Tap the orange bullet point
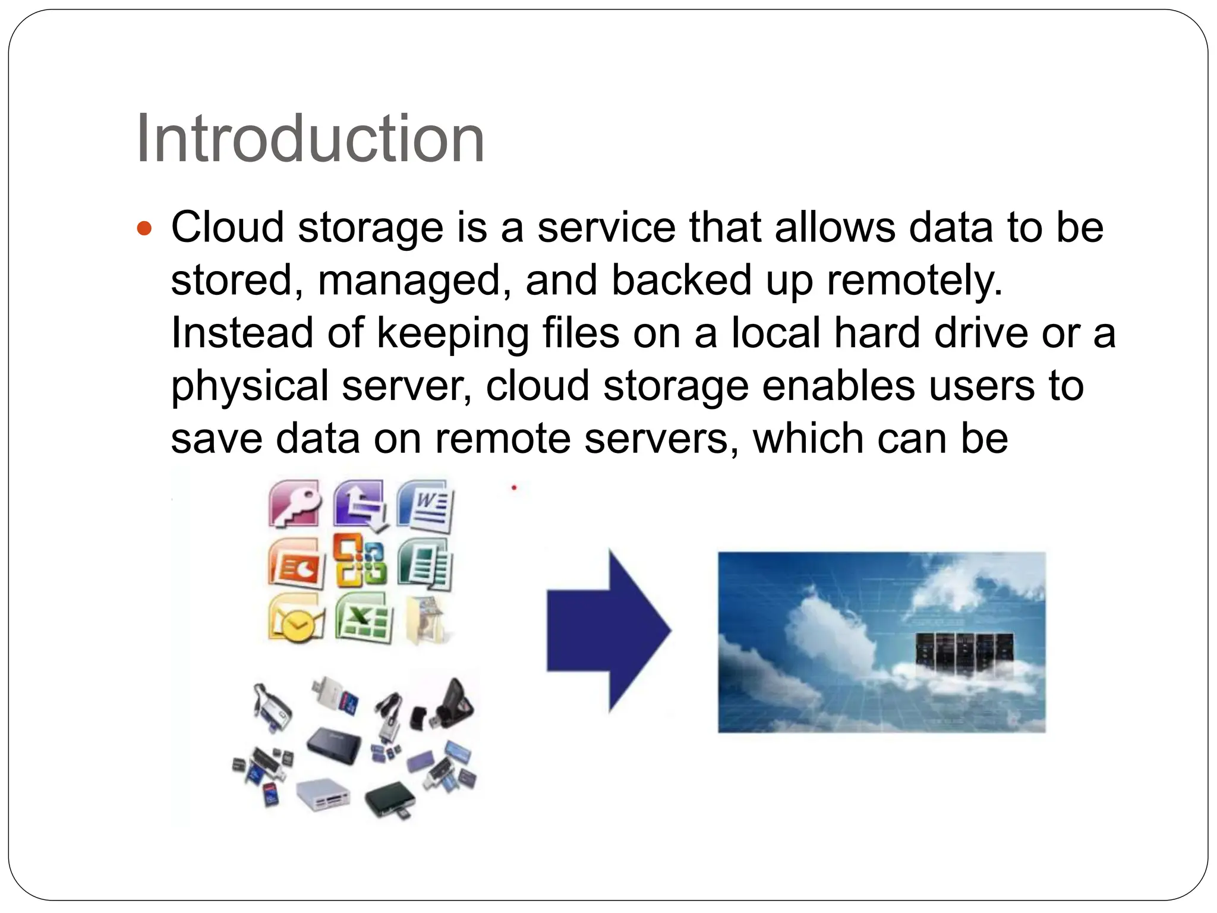(x=144, y=228)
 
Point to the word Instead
(x=241, y=333)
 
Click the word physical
(x=250, y=386)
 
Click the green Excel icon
(x=363, y=619)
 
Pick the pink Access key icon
(x=295, y=504)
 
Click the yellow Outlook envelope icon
(x=295, y=619)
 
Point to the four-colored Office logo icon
(x=359, y=561)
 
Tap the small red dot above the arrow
(x=514, y=487)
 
